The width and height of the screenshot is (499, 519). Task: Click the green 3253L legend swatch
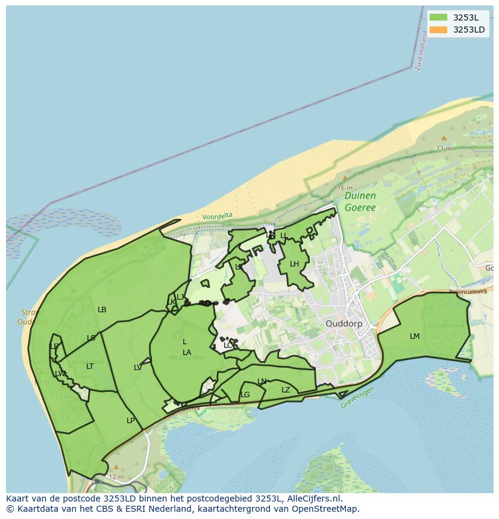pyautogui.click(x=438, y=17)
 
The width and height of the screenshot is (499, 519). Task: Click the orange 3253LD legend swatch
pyautogui.click(x=438, y=30)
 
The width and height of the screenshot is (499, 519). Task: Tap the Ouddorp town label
pyautogui.click(x=347, y=323)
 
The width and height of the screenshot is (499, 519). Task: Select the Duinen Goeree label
pyautogui.click(x=360, y=201)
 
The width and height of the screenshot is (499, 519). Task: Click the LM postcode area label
pyautogui.click(x=415, y=336)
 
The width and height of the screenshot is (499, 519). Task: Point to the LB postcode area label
pyautogui.click(x=102, y=309)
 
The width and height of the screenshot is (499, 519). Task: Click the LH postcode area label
pyautogui.click(x=294, y=263)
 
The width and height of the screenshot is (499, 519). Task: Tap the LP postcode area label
pyautogui.click(x=130, y=420)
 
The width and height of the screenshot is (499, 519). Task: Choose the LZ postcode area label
pyautogui.click(x=286, y=389)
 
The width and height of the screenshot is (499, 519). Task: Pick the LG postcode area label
pyautogui.click(x=245, y=395)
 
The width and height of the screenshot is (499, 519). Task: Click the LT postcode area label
pyautogui.click(x=90, y=366)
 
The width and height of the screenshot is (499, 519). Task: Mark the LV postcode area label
pyautogui.click(x=137, y=367)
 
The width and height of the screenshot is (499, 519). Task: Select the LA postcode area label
pyautogui.click(x=187, y=352)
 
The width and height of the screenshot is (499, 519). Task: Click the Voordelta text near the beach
pyautogui.click(x=217, y=216)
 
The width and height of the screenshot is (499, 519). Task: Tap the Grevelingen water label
pyautogui.click(x=357, y=397)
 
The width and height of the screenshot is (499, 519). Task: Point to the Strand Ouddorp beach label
pyautogui.click(x=33, y=317)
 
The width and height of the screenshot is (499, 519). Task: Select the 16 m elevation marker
pyautogui.click(x=345, y=187)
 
